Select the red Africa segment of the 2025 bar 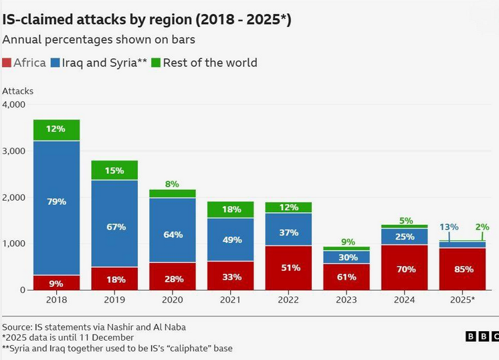coord(462,269)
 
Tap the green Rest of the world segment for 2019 coord(114,171)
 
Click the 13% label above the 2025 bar coord(449,227)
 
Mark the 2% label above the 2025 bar coord(482,227)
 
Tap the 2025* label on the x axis coord(462,300)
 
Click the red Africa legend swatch coord(7,63)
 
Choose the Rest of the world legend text coord(209,63)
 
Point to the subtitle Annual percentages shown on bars coord(98,39)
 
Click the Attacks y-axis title coord(18,90)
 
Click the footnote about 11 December coord(68,337)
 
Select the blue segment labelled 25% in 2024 coord(405,237)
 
